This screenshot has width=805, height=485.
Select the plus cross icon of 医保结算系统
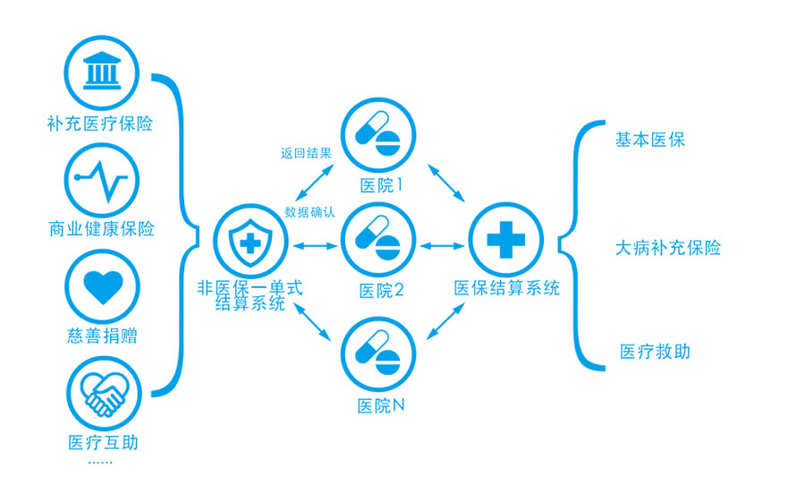coord(506,240)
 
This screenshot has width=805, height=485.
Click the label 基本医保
coord(649,140)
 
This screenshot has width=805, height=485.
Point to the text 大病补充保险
coord(667,248)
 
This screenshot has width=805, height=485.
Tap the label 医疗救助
coord(655,351)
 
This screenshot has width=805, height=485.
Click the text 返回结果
coord(306,153)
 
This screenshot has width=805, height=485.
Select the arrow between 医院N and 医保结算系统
coord(445,321)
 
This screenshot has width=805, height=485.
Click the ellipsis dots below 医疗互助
coord(102,461)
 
